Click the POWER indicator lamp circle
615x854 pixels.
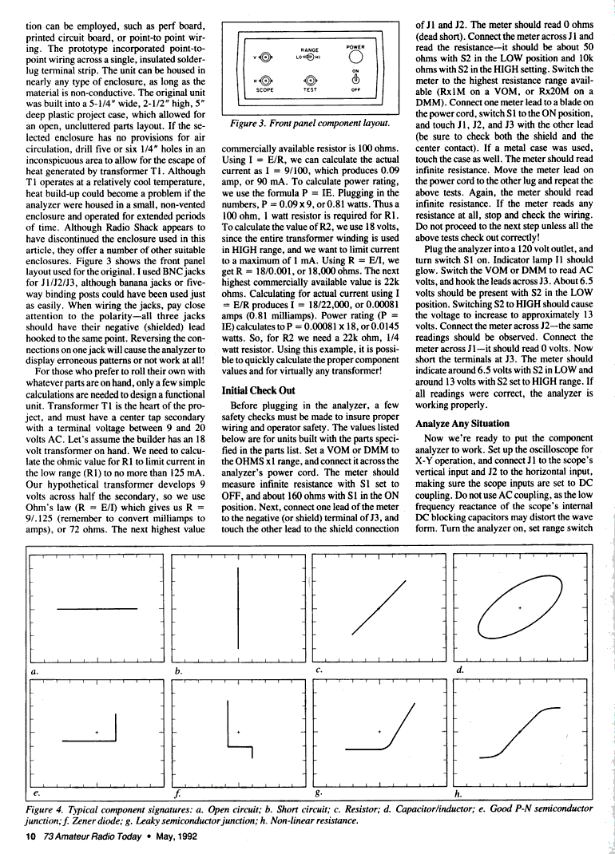click(355, 57)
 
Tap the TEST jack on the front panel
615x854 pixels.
click(310, 80)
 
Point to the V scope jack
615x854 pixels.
click(265, 57)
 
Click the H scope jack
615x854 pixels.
click(265, 80)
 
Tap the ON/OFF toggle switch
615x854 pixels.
click(355, 80)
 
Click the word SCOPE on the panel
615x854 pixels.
click(265, 90)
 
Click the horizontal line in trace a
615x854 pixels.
click(91, 610)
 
